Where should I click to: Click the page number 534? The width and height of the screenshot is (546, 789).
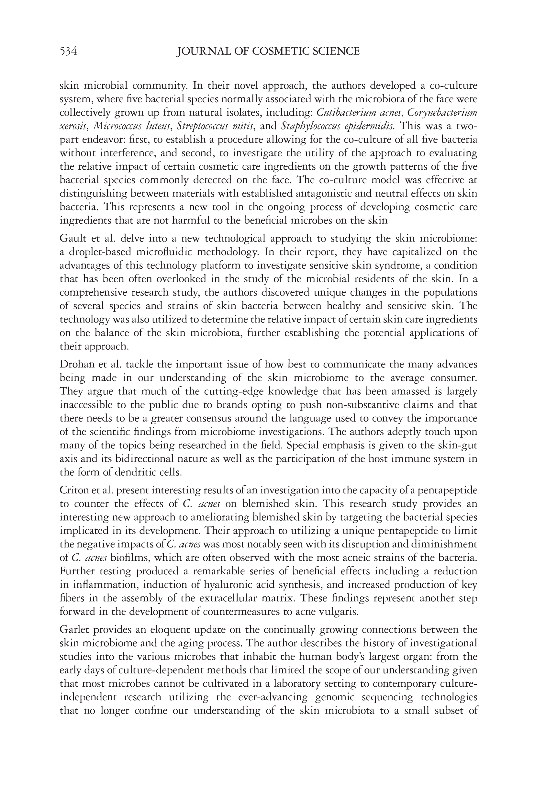[68, 51]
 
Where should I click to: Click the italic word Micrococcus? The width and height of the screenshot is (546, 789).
[114, 126]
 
